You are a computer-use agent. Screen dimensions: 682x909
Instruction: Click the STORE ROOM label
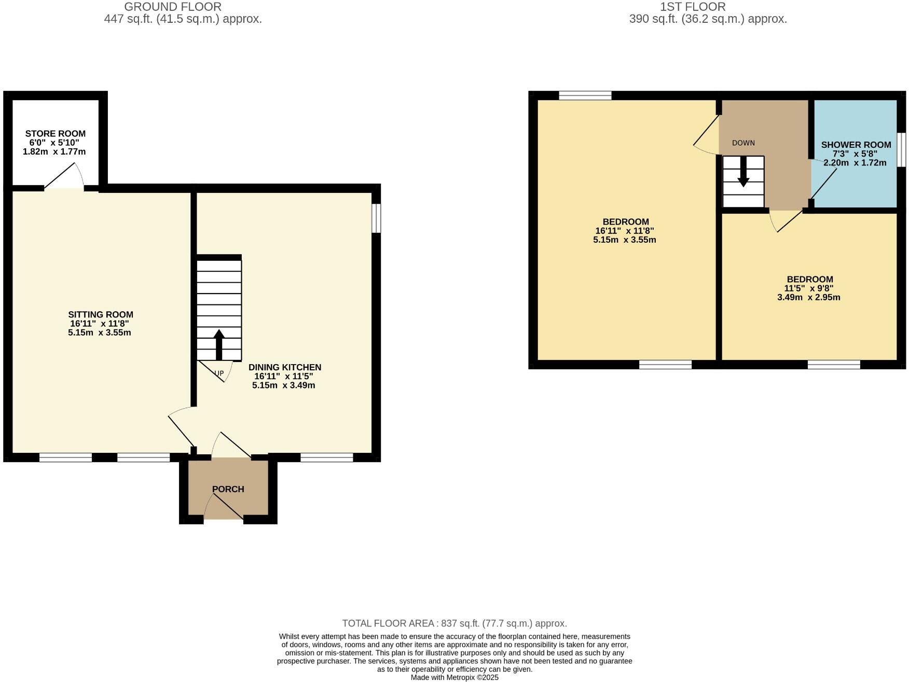pyautogui.click(x=56, y=134)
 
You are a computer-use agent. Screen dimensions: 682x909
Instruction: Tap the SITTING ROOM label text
pyautogui.click(x=101, y=315)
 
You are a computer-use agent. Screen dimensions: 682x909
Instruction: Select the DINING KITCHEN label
pyautogui.click(x=285, y=368)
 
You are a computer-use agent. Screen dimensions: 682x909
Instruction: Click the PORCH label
pyautogui.click(x=228, y=489)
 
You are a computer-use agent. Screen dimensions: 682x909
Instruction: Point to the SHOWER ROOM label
pyautogui.click(x=856, y=145)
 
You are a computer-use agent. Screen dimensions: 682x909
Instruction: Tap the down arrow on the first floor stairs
pyautogui.click(x=743, y=172)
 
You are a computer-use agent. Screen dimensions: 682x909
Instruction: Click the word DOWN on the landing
pyautogui.click(x=743, y=143)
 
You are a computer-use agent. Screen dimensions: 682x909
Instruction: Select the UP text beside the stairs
pyautogui.click(x=219, y=373)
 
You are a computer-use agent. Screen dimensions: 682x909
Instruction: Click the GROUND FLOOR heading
pyautogui.click(x=173, y=7)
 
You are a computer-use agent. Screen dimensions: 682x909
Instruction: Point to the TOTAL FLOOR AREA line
pyautogui.click(x=454, y=623)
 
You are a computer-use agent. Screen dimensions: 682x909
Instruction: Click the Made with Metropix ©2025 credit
pyautogui.click(x=454, y=677)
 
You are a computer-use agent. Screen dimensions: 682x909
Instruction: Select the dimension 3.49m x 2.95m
pyautogui.click(x=808, y=298)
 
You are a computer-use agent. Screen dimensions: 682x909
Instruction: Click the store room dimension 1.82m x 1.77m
pyautogui.click(x=54, y=152)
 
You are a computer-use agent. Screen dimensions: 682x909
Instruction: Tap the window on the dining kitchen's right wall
pyautogui.click(x=377, y=218)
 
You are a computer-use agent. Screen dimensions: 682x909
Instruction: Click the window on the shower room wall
pyautogui.click(x=902, y=150)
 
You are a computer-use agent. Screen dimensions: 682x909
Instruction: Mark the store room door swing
pyautogui.click(x=65, y=177)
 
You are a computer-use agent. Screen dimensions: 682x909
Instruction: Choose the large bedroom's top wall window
pyautogui.click(x=585, y=95)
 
